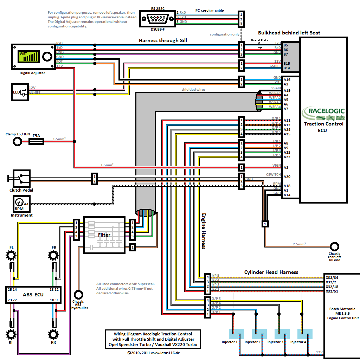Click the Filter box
[x=104, y=235]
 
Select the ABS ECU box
[x=33, y=295]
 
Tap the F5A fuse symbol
[x=36, y=141]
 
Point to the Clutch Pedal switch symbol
[x=21, y=179]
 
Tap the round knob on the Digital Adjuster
[x=47, y=57]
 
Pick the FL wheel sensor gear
[x=12, y=255]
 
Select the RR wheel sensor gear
[x=53, y=333]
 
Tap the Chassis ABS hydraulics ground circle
[x=78, y=294]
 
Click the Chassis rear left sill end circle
[x=334, y=246]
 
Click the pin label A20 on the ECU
[x=287, y=177]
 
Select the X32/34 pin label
[x=332, y=278]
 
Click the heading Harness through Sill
[x=163, y=40]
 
